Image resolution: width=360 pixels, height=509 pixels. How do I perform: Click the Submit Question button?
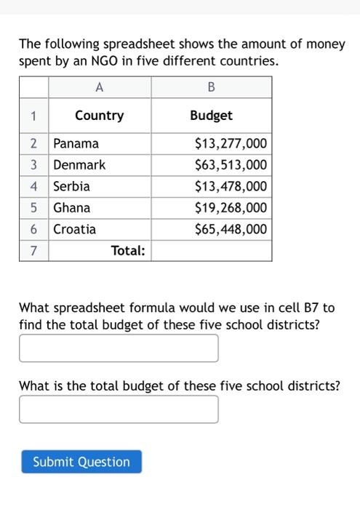click(81, 462)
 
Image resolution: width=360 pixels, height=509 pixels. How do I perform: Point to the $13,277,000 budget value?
click(231, 143)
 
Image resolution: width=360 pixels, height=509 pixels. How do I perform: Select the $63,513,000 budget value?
click(231, 164)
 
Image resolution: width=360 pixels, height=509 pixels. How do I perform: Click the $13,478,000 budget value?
click(231, 186)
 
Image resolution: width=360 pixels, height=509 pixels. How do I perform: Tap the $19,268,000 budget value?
click(231, 207)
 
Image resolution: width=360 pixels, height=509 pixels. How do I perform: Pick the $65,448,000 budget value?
click(231, 229)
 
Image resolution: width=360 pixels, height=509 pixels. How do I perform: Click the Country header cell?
click(99, 116)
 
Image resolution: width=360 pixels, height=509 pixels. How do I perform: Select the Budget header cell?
click(211, 116)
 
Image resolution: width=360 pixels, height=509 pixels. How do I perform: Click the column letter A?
click(99, 87)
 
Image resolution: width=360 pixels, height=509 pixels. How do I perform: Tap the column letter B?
click(211, 87)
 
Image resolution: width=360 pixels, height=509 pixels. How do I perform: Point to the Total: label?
click(128, 251)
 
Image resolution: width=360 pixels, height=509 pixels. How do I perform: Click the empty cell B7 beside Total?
click(211, 251)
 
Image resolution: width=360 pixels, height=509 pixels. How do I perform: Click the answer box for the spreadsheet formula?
click(119, 348)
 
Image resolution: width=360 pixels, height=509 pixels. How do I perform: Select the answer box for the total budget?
click(119, 409)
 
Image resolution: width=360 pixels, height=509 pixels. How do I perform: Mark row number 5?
click(33, 207)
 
